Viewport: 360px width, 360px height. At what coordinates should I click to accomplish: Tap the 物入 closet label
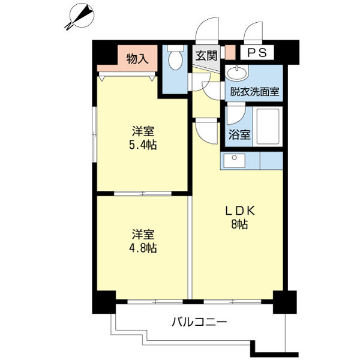[137, 59]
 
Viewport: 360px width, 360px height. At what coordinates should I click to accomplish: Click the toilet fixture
[175, 62]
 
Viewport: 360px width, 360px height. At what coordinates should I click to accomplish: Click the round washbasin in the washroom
[236, 74]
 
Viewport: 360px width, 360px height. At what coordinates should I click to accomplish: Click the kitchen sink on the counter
[232, 161]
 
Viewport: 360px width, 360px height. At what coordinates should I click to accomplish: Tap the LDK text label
[240, 211]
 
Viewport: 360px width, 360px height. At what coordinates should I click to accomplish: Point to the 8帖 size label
[240, 225]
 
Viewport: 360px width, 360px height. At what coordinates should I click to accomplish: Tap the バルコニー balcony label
[199, 322]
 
